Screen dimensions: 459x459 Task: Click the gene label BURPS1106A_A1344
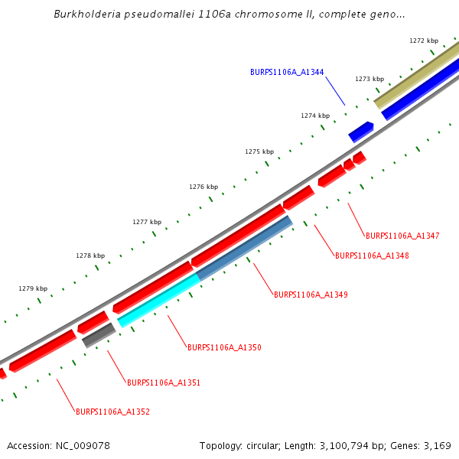(x=287, y=73)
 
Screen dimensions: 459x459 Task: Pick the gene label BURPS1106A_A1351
(x=164, y=382)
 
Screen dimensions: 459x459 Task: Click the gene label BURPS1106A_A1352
(x=112, y=412)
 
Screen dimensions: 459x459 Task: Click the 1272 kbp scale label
(x=424, y=41)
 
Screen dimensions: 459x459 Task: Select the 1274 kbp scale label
(x=315, y=116)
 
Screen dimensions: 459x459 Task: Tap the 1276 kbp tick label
(x=203, y=187)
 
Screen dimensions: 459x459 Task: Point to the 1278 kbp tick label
(x=90, y=256)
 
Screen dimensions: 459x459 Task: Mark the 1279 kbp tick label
(x=33, y=288)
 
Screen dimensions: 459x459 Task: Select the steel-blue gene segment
(x=245, y=249)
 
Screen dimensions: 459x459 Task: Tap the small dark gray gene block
(x=99, y=335)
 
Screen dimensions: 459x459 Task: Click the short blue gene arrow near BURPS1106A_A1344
(x=361, y=132)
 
